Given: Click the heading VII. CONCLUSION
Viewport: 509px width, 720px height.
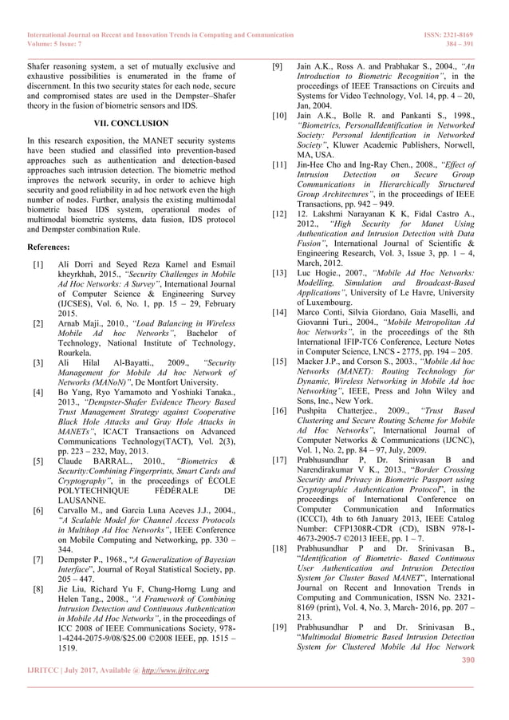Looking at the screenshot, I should pos(131,124).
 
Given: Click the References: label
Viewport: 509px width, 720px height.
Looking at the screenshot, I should pos(48,247).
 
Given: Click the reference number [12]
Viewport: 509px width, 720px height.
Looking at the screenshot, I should pos(279,214).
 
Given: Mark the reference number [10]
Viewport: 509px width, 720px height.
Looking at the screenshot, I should pos(279,116).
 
